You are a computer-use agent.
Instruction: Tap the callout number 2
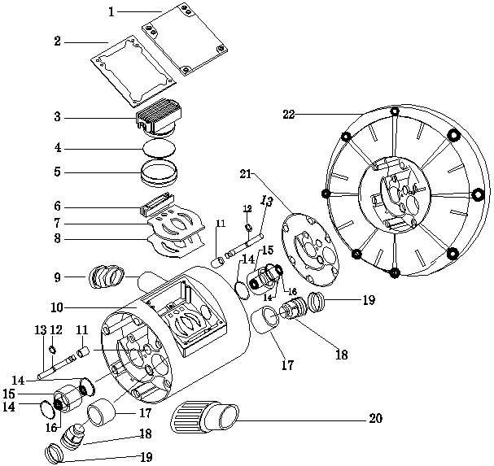click(x=58, y=41)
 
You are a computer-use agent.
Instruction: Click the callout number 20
click(x=375, y=419)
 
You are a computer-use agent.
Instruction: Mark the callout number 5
click(x=58, y=172)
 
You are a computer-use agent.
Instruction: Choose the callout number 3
click(x=58, y=118)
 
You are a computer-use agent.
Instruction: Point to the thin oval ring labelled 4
click(x=159, y=149)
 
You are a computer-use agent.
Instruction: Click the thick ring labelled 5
click(x=158, y=173)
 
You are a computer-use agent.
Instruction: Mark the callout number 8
click(x=58, y=239)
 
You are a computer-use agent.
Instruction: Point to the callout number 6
click(x=58, y=207)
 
